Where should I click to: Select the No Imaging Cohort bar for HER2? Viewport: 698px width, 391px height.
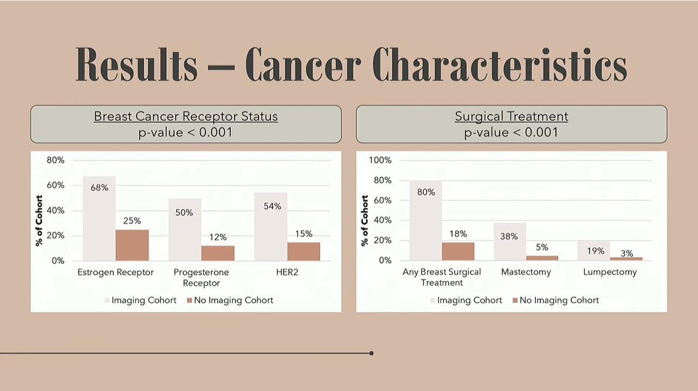point(303,251)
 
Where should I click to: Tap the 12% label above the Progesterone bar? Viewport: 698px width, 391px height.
point(218,237)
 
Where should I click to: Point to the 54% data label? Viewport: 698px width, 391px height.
point(271,206)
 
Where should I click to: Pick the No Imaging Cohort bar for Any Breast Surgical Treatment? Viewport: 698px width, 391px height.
point(458,251)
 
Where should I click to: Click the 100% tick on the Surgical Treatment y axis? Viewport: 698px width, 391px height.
point(380,160)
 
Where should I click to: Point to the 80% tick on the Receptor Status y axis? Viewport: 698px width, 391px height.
point(55,160)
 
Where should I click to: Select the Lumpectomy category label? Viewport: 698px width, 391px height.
point(610,272)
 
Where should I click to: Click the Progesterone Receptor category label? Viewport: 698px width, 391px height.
point(201,277)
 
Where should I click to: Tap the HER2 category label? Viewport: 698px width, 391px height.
point(287,272)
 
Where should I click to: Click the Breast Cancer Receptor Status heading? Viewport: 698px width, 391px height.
point(186,116)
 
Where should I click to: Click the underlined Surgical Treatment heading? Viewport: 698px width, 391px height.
point(512,116)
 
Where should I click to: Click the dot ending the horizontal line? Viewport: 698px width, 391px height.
point(371,353)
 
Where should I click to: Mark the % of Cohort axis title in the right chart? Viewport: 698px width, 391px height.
point(365,220)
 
